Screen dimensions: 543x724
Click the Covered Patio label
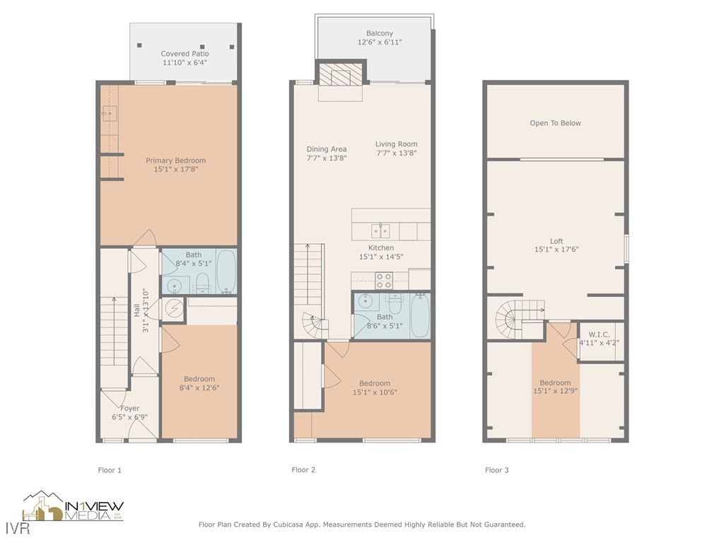[185, 54]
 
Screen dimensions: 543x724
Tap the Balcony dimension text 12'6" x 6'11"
[380, 42]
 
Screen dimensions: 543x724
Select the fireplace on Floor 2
[341, 74]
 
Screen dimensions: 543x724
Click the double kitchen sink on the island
[380, 230]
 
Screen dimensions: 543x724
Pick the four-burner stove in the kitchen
[384, 280]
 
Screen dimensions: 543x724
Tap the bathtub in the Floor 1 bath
[226, 271]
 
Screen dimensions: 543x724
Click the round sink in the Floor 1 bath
[174, 286]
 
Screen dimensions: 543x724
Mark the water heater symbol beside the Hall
[174, 309]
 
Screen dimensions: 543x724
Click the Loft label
[556, 241]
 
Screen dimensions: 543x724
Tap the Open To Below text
[555, 123]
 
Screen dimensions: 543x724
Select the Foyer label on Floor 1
[129, 408]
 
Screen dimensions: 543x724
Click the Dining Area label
[326, 149]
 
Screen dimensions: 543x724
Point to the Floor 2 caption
[303, 469]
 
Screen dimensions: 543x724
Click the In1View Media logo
[74, 507]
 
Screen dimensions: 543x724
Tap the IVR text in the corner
[12, 529]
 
